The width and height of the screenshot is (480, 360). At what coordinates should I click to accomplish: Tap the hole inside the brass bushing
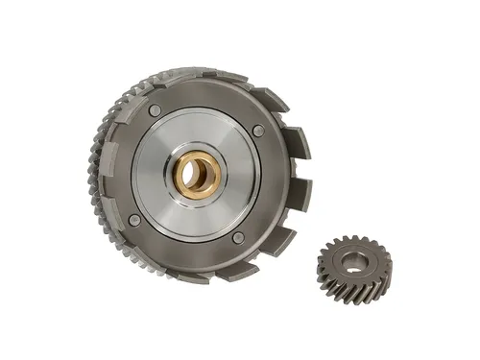click(199, 174)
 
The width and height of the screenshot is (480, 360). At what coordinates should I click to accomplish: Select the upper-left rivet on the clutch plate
click(156, 111)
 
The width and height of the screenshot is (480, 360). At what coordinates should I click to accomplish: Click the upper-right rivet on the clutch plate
click(258, 130)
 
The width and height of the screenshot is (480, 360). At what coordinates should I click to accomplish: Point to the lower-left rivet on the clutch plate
click(134, 220)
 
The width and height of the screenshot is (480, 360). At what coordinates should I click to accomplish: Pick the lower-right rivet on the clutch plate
click(237, 237)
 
